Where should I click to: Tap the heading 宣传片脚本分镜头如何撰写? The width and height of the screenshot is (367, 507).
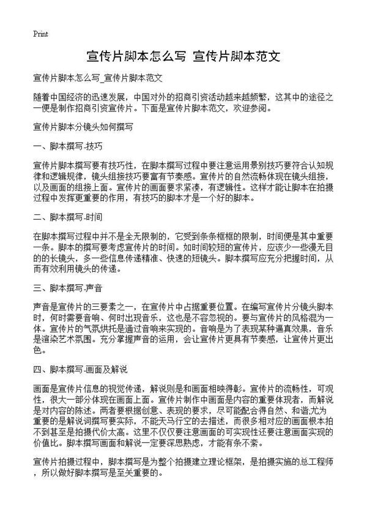[x=83, y=128]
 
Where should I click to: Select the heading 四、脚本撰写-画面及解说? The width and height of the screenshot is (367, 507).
[x=80, y=370]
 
